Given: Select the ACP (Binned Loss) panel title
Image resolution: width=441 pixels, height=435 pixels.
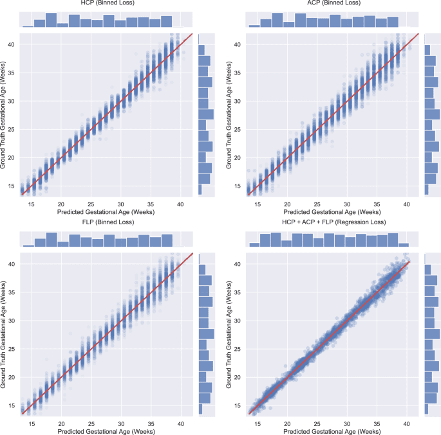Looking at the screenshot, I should (332, 4).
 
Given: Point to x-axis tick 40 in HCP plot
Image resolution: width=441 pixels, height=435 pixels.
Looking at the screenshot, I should (181, 202).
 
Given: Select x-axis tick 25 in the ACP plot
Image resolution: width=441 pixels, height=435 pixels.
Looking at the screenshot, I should (317, 202).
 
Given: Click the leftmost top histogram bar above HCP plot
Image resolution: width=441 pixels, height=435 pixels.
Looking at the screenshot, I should (28, 26).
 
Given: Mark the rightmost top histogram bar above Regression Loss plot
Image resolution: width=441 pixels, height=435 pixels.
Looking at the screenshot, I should (404, 244).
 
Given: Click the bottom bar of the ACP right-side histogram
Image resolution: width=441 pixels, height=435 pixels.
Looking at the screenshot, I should (426, 190).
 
